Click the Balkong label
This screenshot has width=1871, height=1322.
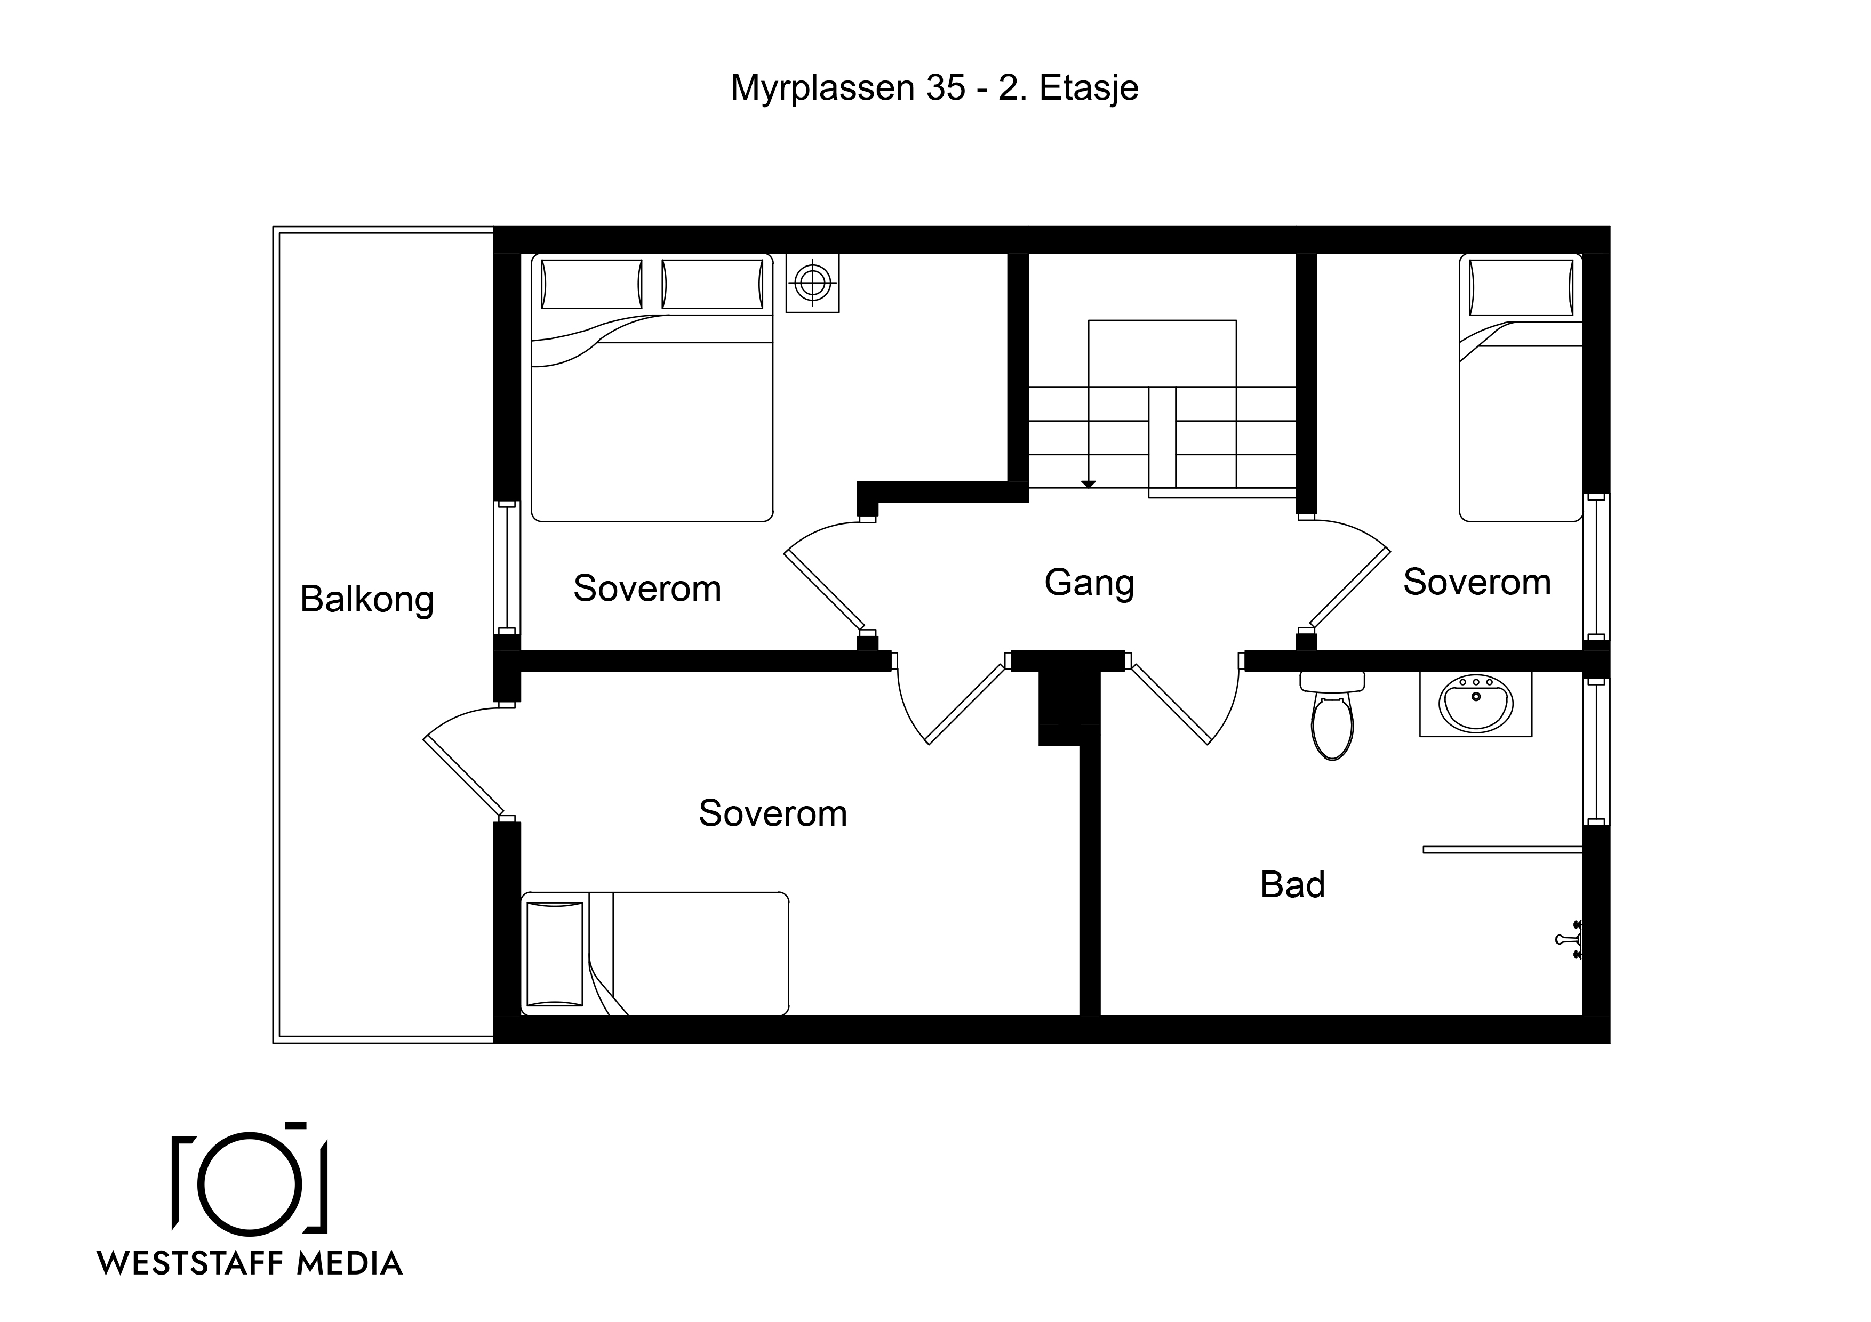pyautogui.click(x=367, y=600)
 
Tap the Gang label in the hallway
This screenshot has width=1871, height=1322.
pyautogui.click(x=1090, y=583)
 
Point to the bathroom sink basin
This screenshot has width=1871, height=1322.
pyautogui.click(x=1476, y=703)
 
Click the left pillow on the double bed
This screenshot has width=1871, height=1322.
pyautogui.click(x=591, y=284)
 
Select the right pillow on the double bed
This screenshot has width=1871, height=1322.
pyautogui.click(x=713, y=284)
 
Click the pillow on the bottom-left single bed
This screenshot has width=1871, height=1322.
pyautogui.click(x=555, y=954)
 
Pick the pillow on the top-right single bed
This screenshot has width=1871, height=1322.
pyautogui.click(x=1522, y=287)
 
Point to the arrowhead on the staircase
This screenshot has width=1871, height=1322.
pyautogui.click(x=1089, y=485)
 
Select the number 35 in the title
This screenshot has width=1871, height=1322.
pyautogui.click(x=945, y=88)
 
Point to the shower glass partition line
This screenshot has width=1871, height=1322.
pyautogui.click(x=1502, y=850)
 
